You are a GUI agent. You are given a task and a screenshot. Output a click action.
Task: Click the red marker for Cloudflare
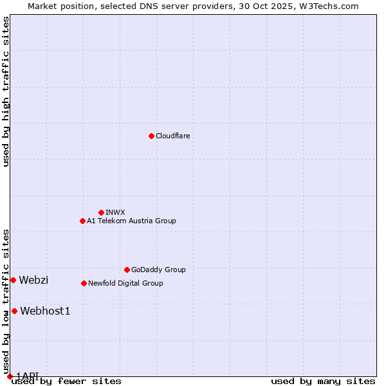[x=151, y=136]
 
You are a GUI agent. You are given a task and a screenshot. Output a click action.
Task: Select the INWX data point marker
[x=101, y=212]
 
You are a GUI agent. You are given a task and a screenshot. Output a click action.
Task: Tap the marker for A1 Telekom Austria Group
[x=82, y=221]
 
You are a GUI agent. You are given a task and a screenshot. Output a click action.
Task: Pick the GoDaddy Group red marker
[x=127, y=270]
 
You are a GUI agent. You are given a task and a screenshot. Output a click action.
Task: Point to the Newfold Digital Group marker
[x=84, y=283]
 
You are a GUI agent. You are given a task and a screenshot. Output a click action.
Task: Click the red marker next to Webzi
[x=13, y=280]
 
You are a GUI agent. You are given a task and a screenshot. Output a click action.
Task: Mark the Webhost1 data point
[x=14, y=311]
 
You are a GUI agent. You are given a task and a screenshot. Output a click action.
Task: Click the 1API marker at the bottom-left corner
[x=10, y=376]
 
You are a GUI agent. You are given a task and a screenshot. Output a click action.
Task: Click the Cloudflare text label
[x=172, y=136]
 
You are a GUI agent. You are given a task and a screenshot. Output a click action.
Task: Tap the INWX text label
[x=115, y=212]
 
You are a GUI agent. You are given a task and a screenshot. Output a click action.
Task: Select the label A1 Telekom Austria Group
[x=131, y=221]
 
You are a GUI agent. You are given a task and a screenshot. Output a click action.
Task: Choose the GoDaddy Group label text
[x=158, y=270]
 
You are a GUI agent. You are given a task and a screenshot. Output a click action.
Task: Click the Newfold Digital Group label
[x=125, y=283]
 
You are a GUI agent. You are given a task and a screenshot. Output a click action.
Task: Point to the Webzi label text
[x=33, y=280]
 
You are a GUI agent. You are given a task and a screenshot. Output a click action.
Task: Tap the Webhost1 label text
[x=45, y=311]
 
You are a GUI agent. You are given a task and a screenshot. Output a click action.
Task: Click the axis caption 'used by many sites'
[x=323, y=381]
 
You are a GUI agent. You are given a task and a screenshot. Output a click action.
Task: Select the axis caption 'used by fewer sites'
[x=66, y=381]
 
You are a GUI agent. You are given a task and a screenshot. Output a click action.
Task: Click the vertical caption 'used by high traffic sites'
[x=6, y=92]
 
